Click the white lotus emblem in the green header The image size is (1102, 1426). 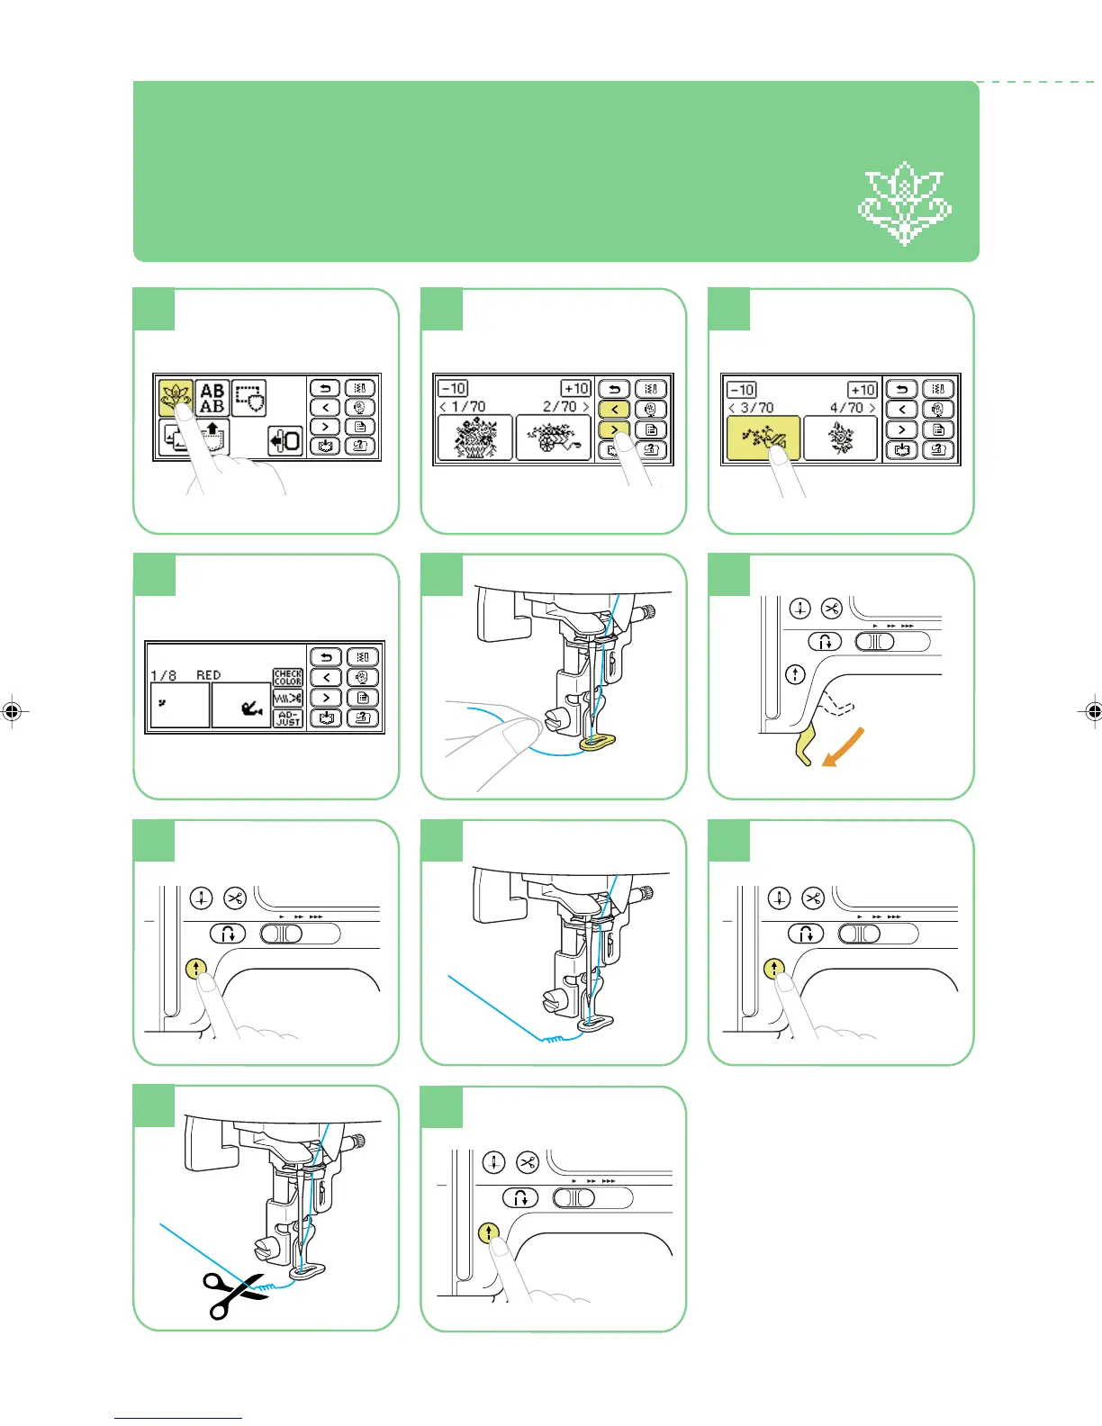pos(904,204)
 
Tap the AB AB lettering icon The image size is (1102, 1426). pos(212,398)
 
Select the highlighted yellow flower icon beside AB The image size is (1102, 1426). pos(176,397)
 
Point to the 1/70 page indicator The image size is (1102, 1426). pos(464,407)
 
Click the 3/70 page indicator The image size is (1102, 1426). pos(753,408)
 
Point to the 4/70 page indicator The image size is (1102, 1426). pos(851,408)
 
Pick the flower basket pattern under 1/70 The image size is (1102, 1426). pos(474,438)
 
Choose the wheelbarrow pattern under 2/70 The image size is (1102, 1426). pos(553,438)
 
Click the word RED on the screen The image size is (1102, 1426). pos(208,674)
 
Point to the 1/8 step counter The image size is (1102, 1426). pos(163,674)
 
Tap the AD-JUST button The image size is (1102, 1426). pos(288,718)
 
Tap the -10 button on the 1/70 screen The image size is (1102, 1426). pos(452,388)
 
